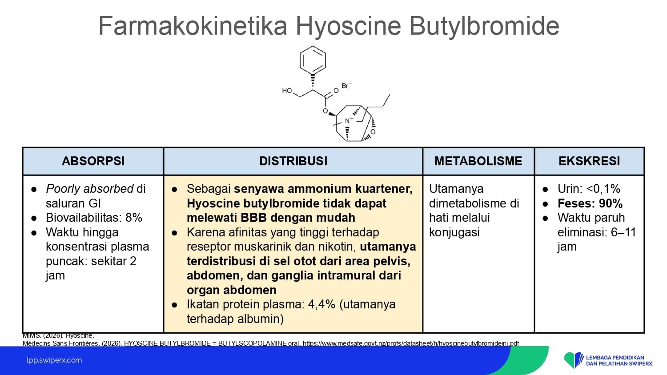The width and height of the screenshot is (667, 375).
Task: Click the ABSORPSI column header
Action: pyautogui.click(x=93, y=161)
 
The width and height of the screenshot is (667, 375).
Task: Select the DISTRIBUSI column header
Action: pyautogui.click(x=293, y=161)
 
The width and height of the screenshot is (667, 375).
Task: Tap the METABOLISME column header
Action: pyautogui.click(x=478, y=161)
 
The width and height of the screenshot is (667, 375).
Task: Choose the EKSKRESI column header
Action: pyautogui.click(x=589, y=161)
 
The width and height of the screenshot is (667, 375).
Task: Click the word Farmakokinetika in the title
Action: pyautogui.click(x=193, y=26)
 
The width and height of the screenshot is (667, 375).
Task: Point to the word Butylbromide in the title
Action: pyautogui.click(x=484, y=26)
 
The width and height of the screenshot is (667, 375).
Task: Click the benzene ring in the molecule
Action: pyautogui.click(x=312, y=60)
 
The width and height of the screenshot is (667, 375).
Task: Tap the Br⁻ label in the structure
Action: pyautogui.click(x=346, y=86)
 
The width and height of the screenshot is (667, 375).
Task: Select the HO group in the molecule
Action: pyautogui.click(x=287, y=91)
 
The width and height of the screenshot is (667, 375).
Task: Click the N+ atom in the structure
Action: pyautogui.click(x=349, y=120)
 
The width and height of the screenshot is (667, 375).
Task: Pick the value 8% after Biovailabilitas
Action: pyautogui.click(x=134, y=218)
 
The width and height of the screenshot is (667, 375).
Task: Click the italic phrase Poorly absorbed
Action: pyautogui.click(x=90, y=189)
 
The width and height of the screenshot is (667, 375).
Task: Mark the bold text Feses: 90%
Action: pyautogui.click(x=590, y=203)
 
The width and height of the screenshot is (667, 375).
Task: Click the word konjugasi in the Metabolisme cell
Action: pyautogui.click(x=454, y=232)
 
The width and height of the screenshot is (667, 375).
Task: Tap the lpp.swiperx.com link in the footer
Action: pyautogui.click(x=54, y=360)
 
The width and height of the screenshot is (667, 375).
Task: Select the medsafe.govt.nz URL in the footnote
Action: pyautogui.click(x=411, y=343)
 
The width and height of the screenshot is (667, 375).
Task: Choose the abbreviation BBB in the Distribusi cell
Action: pyautogui.click(x=254, y=218)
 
